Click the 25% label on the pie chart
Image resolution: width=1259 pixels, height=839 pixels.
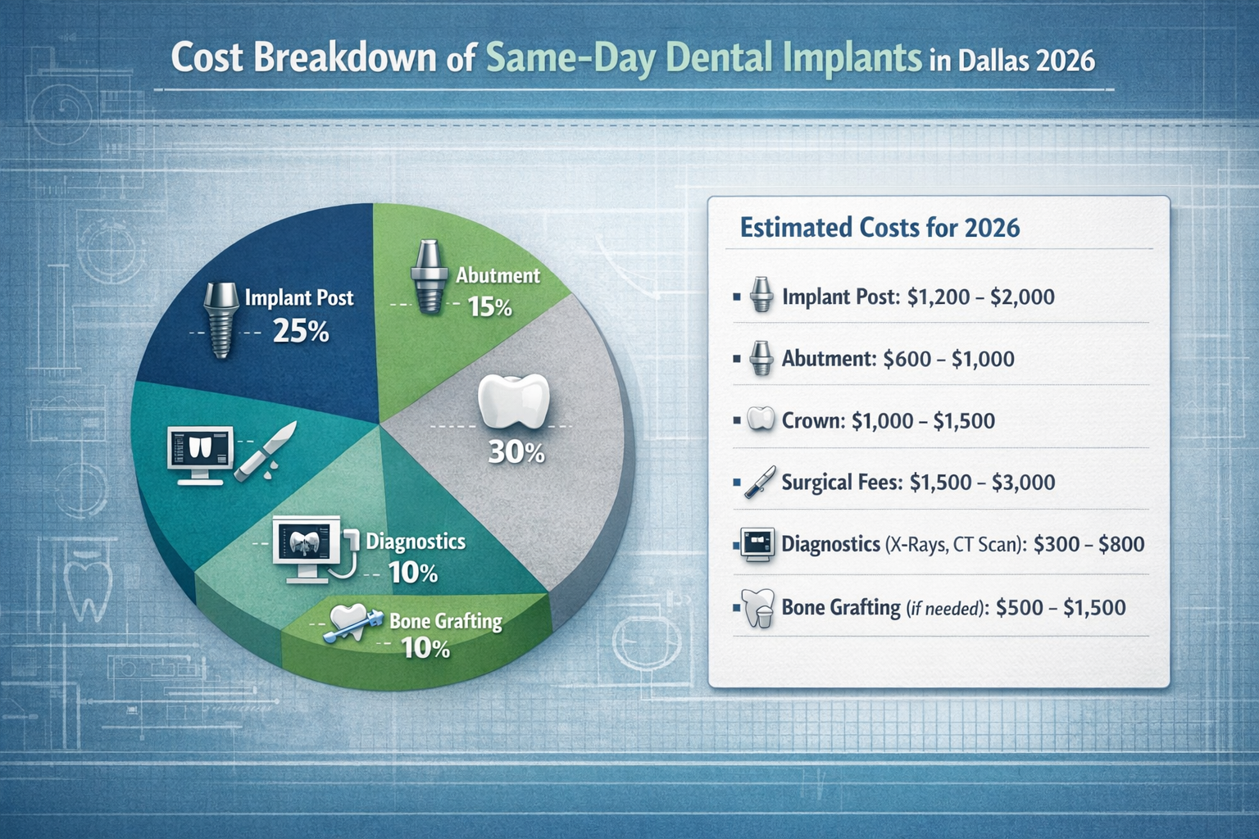pyautogui.click(x=301, y=331)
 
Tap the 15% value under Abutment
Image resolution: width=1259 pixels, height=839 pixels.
pyautogui.click(x=489, y=307)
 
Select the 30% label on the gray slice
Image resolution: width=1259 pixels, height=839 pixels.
pyautogui.click(x=516, y=451)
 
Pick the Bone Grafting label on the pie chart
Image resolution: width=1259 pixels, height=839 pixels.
pyautogui.click(x=446, y=621)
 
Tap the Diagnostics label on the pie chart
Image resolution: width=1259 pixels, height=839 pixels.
pyautogui.click(x=416, y=542)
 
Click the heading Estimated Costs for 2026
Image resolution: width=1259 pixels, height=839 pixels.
pyautogui.click(x=879, y=227)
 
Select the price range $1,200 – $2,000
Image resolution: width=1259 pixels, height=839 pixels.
pyautogui.click(x=980, y=297)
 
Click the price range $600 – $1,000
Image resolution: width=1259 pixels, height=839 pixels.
pyautogui.click(x=948, y=359)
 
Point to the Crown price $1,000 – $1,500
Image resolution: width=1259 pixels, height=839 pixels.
pyautogui.click(x=923, y=421)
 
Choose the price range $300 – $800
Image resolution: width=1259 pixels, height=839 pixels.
pyautogui.click(x=1089, y=544)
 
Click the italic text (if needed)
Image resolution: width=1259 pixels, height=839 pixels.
pyautogui.click(x=948, y=608)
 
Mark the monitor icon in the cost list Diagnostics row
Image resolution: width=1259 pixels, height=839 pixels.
pyautogui.click(x=757, y=545)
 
